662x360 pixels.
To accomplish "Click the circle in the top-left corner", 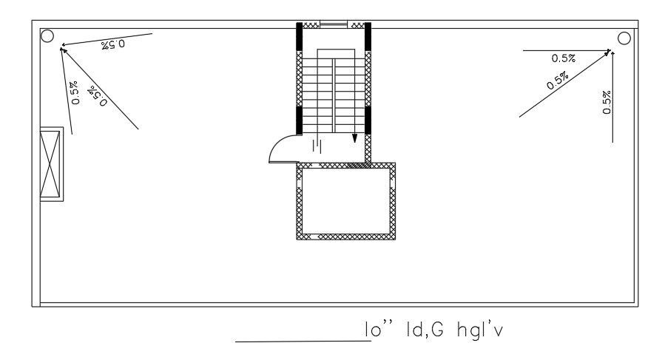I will coord(47,35).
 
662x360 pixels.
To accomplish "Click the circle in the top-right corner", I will coord(624,38).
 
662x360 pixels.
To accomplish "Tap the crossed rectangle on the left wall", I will coord(51,164).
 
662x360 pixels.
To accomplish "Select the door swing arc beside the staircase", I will coord(281,148).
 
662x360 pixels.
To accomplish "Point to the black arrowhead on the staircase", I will coord(354,137).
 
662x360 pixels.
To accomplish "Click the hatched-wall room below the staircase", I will coord(345,201).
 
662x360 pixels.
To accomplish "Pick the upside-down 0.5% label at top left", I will coord(113,44).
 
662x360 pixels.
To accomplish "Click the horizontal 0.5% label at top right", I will coord(564,58).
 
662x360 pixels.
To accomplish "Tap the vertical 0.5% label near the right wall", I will coord(607,102).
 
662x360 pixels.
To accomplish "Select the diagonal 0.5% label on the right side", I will coord(558,81).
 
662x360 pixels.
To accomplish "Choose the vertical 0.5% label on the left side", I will coord(75,92).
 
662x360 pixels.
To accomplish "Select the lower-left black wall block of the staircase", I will coord(300,120).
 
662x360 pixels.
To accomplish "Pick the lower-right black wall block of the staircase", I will coord(367,120).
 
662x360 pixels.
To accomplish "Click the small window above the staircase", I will coord(333,25).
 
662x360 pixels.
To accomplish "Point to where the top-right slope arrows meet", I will coord(610,51).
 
